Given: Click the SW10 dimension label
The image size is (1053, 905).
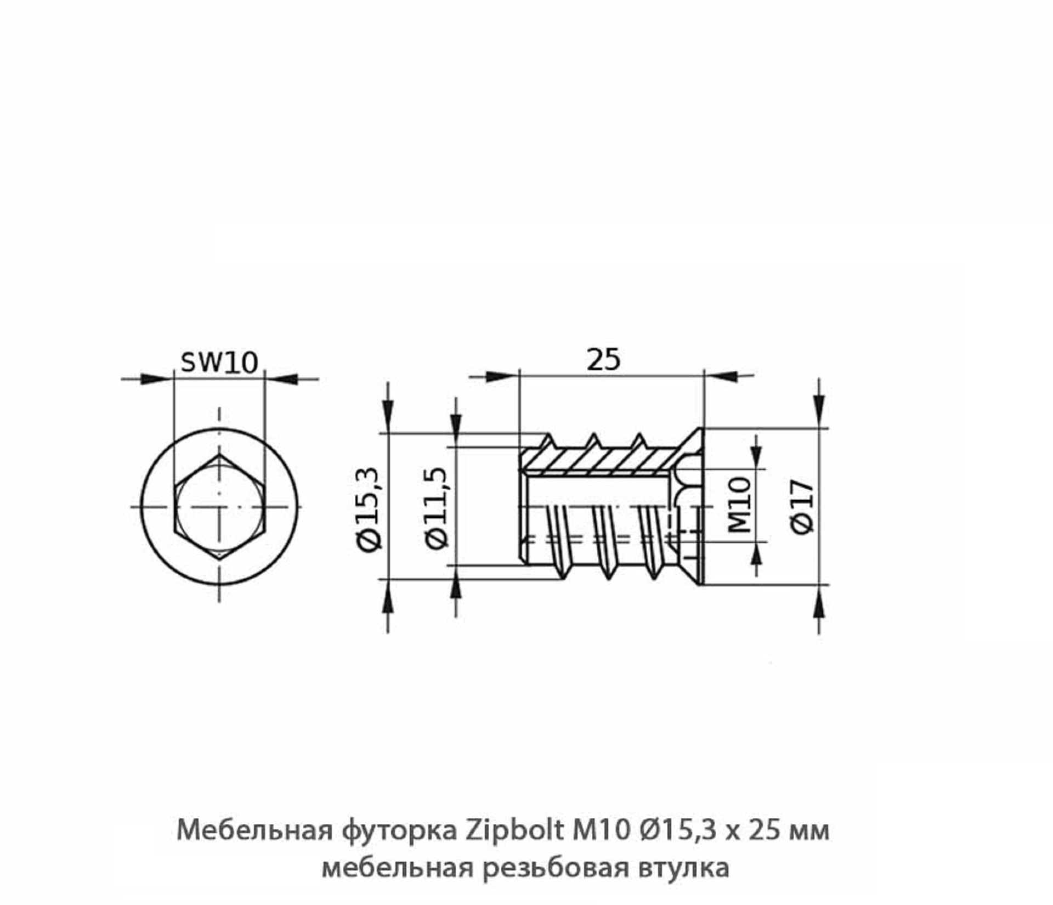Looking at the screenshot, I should point(219,363).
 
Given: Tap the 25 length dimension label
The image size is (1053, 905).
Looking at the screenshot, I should point(603,360).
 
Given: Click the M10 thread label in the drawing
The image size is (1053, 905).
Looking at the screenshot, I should point(740,505).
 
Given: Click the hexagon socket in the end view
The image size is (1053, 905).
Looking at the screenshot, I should point(219,506).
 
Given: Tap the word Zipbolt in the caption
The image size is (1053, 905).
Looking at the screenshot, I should point(515,830).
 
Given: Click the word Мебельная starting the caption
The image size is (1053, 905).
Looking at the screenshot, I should point(254,830).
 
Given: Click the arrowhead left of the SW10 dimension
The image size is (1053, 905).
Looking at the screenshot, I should point(153,379).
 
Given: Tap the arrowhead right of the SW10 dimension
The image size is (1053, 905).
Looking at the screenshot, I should point(285,379).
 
